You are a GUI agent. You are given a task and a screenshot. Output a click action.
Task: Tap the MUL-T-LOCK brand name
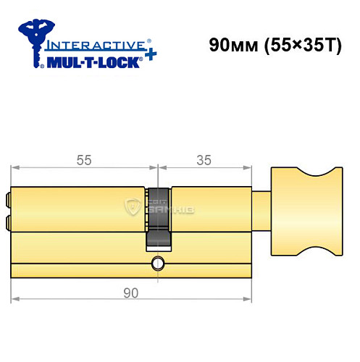click(90, 62)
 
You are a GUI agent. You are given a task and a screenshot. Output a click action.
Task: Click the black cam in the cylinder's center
click(158, 217)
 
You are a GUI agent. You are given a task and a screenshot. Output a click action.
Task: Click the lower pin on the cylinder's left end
click(8, 221)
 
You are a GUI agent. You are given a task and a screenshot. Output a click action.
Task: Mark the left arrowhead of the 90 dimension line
click(14, 299)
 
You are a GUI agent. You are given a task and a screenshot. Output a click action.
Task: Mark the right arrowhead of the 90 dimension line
click(250, 299)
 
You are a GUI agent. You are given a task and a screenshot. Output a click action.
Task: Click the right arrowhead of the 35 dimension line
click(250, 169)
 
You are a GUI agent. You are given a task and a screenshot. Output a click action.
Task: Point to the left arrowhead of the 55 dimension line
click(14, 169)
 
